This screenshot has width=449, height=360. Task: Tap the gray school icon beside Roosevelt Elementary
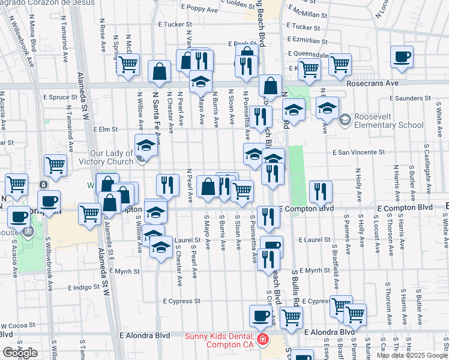345,120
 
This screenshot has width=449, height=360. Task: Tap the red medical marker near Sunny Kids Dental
262,340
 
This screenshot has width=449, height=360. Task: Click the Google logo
20,353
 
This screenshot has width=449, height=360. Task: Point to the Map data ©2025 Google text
411,355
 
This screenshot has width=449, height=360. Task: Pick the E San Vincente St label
358,152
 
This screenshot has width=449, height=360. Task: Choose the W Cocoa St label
16,326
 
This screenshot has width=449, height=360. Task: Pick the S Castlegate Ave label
426,163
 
